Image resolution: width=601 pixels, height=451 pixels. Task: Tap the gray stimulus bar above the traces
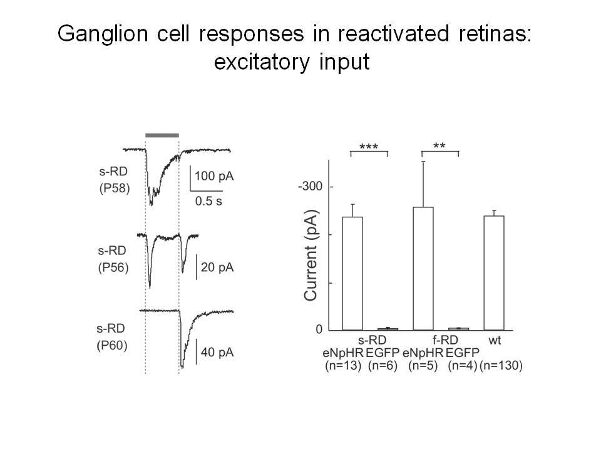click(162, 135)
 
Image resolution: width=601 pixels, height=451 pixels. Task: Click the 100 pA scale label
click(214, 177)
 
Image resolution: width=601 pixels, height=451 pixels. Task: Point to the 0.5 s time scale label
click(208, 201)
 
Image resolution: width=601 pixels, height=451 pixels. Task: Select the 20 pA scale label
click(217, 267)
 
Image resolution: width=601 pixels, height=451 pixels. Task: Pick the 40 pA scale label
click(217, 353)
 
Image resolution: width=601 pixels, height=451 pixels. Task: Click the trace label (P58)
click(115, 189)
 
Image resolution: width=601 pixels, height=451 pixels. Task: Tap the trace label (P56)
click(113, 267)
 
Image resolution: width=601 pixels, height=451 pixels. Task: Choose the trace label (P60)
click(112, 346)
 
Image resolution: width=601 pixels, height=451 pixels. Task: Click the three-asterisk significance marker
click(369, 147)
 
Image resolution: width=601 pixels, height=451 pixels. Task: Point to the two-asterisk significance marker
click(439, 146)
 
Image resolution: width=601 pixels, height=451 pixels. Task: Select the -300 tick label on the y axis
click(310, 187)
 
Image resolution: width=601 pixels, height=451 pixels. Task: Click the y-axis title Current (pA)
click(311, 256)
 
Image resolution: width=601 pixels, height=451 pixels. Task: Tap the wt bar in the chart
click(494, 273)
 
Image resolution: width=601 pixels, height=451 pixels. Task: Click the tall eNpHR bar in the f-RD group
click(423, 269)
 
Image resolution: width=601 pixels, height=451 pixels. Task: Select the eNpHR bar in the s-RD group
click(352, 274)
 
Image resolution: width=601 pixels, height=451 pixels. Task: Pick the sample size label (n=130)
click(501, 365)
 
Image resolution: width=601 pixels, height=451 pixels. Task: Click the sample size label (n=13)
click(344, 365)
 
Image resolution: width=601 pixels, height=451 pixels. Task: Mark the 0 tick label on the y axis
click(319, 330)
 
